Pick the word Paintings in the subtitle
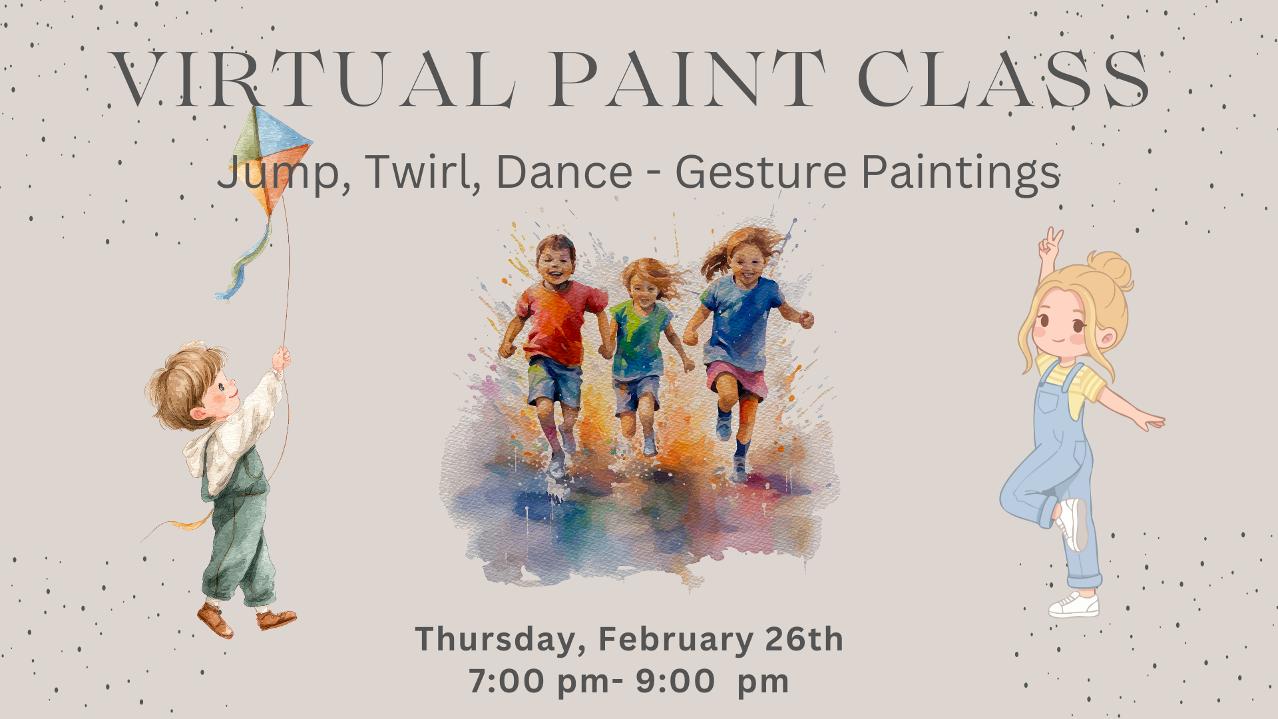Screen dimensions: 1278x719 (960, 172)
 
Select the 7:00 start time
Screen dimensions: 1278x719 (506, 681)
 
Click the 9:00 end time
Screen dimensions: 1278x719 (675, 681)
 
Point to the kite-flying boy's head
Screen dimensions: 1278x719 (190, 386)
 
